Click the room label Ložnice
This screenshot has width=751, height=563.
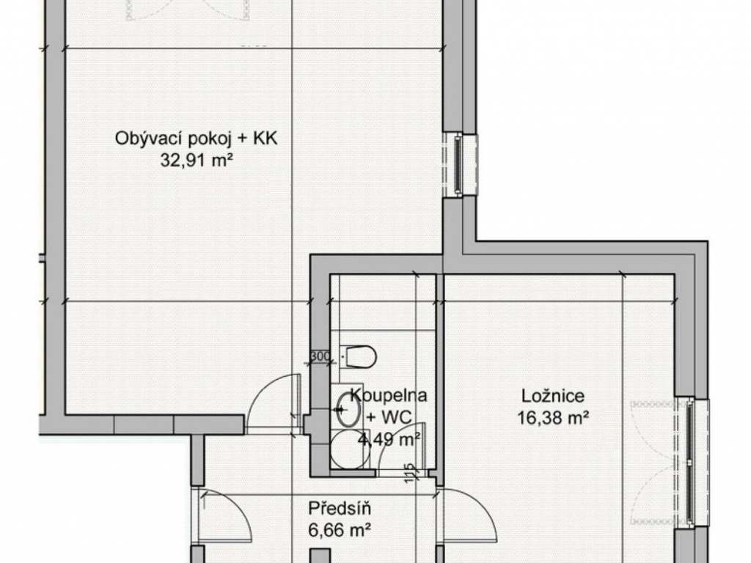(x=553, y=396)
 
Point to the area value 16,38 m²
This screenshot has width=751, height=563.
(x=553, y=418)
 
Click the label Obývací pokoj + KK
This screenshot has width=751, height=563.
(x=196, y=139)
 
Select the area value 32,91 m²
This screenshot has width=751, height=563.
(x=197, y=160)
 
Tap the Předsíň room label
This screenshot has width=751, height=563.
(x=339, y=508)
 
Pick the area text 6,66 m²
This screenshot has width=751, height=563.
(x=340, y=530)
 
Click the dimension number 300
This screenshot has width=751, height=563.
(x=320, y=356)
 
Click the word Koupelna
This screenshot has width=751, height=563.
(x=389, y=395)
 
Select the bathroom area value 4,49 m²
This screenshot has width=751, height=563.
(x=390, y=438)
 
